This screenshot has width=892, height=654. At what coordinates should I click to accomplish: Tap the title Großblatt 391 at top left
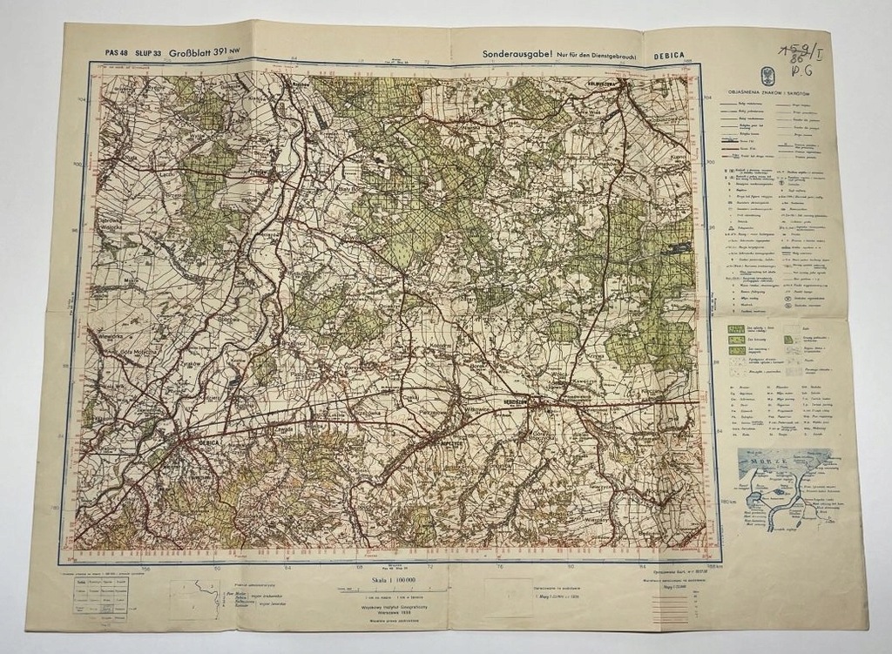[205, 52]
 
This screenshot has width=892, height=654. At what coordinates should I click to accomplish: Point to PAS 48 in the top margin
[116, 53]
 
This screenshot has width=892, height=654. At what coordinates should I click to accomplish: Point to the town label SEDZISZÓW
[522, 401]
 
